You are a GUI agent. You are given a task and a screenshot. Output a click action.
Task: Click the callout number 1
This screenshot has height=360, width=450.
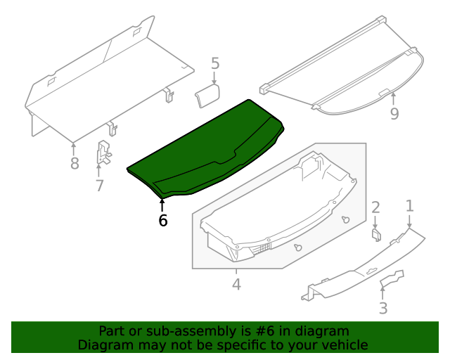click(x=409, y=206)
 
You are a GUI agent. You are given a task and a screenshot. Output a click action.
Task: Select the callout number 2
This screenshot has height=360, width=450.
click(x=375, y=207)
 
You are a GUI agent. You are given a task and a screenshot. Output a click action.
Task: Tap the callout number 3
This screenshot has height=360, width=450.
click(x=383, y=308)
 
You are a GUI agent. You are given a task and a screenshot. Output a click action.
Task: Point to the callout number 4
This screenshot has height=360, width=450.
click(x=236, y=285)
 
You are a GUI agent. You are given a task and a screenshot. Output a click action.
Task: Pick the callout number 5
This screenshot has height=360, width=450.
click(x=215, y=65)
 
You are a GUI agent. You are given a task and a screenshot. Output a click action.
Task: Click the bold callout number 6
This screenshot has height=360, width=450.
click(x=163, y=221)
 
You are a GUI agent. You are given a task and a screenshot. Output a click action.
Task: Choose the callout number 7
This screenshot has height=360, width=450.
click(x=99, y=186)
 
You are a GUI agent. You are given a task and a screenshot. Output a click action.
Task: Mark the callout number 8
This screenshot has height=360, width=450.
click(x=75, y=165)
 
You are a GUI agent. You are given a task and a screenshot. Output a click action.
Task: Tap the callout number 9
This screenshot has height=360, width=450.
click(x=394, y=113)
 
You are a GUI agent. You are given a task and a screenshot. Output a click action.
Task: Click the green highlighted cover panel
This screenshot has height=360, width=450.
click(x=211, y=151)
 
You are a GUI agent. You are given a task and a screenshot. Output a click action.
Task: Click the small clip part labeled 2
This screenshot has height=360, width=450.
click(x=377, y=234)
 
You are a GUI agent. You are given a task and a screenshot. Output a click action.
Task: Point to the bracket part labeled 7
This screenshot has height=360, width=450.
click(x=103, y=153)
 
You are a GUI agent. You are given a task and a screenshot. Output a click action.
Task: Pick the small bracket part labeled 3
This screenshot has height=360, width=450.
click(x=392, y=279)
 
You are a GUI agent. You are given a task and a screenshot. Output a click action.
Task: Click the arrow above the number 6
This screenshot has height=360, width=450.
click(x=162, y=205)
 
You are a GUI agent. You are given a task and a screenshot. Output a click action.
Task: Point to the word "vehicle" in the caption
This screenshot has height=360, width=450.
click(x=344, y=345)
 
